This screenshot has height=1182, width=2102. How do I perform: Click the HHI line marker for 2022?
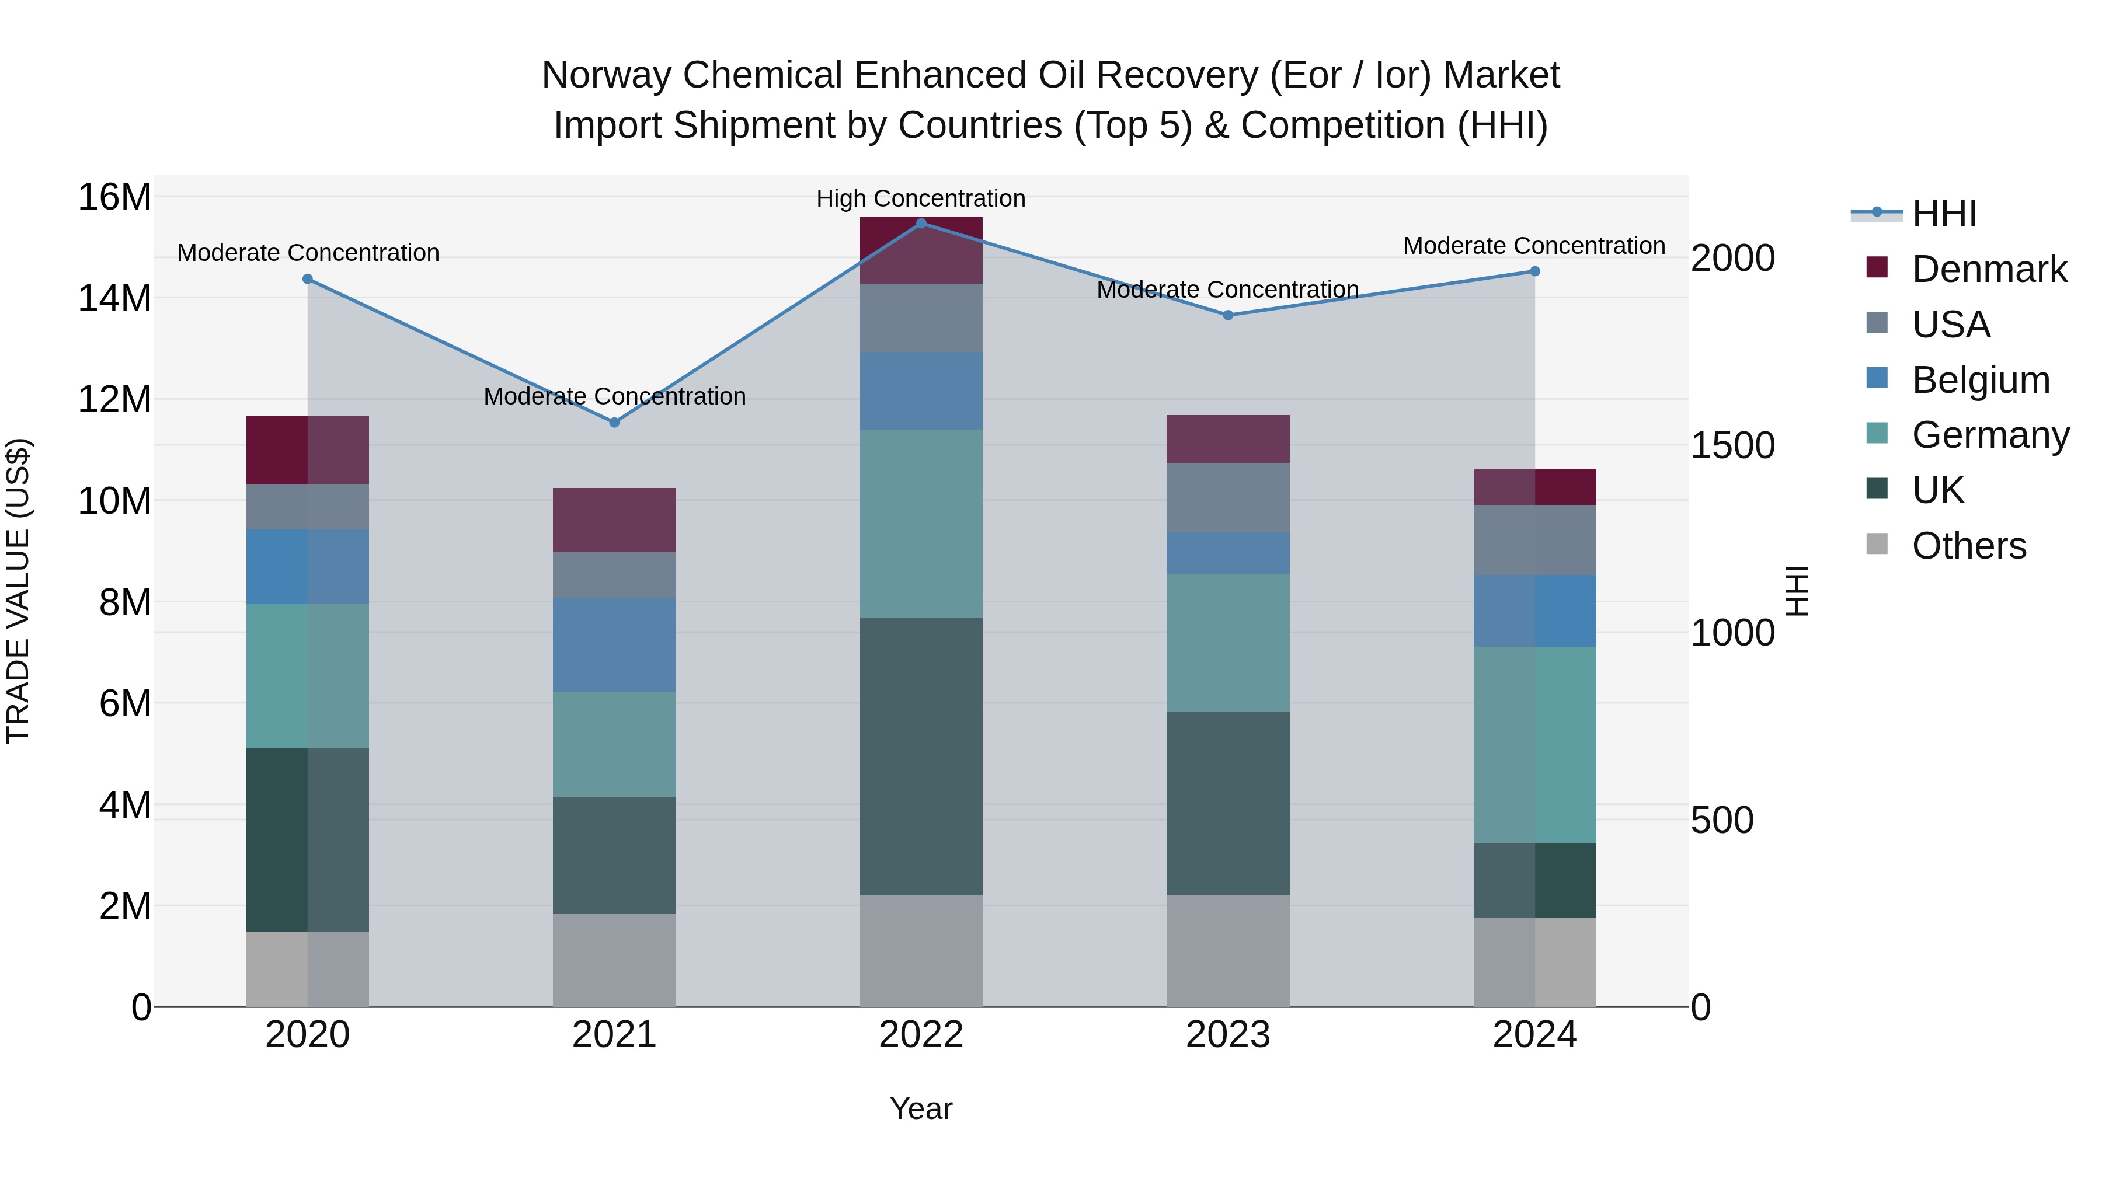click(921, 223)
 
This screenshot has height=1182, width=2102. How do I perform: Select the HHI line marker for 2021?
click(614, 423)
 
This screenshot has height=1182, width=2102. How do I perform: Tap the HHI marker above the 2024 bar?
click(1535, 271)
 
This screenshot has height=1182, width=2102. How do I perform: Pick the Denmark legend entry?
click(1989, 269)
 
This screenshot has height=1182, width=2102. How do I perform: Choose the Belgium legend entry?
click(1981, 380)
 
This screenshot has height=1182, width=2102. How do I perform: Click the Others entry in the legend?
click(1968, 546)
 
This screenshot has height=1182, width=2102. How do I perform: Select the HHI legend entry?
click(1944, 214)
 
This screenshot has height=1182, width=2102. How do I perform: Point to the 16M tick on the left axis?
click(114, 197)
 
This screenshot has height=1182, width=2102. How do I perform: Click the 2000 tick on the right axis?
click(1732, 259)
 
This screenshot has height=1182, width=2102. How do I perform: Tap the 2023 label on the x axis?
click(1228, 1035)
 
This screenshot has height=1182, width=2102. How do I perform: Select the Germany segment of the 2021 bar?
click(614, 744)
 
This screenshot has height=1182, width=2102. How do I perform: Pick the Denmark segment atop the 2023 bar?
click(1228, 439)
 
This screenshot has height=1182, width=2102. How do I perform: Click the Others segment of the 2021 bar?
click(614, 960)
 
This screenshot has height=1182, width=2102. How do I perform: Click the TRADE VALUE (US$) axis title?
click(18, 591)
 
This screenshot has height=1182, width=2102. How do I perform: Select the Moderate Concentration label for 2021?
click(614, 396)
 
